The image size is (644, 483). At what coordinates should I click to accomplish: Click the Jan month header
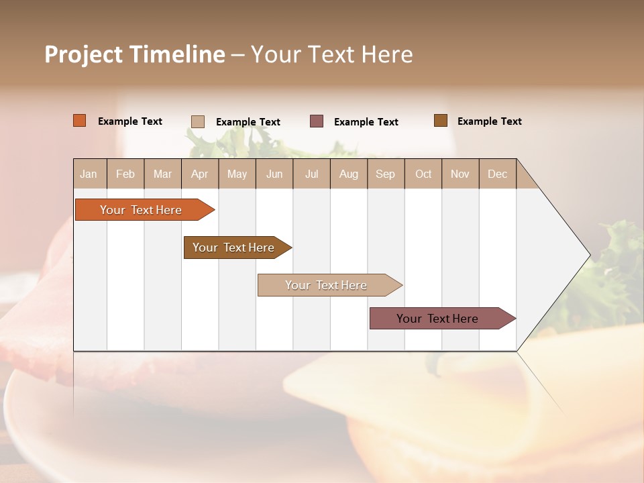coord(89,174)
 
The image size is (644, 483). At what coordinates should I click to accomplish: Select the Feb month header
coord(125,174)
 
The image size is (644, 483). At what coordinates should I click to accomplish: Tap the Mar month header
coord(162,174)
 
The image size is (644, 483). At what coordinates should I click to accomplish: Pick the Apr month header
coord(200,174)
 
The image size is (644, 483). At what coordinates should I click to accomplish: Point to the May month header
coord(237,174)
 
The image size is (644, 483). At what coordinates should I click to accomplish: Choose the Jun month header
coord(274,174)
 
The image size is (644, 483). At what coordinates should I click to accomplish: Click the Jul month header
coord(311,174)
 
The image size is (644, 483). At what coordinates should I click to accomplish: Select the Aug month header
coord(349,174)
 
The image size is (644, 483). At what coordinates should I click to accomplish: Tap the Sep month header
coord(386,174)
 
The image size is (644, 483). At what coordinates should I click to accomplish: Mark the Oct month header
coord(423,174)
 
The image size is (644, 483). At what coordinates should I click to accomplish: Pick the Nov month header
coord(460,174)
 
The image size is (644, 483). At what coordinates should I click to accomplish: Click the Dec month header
coord(498,174)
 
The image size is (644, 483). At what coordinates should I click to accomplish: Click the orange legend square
coord(80,121)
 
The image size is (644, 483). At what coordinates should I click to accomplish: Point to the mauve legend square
coord(317,121)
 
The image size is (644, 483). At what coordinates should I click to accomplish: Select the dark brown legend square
coord(441,121)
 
